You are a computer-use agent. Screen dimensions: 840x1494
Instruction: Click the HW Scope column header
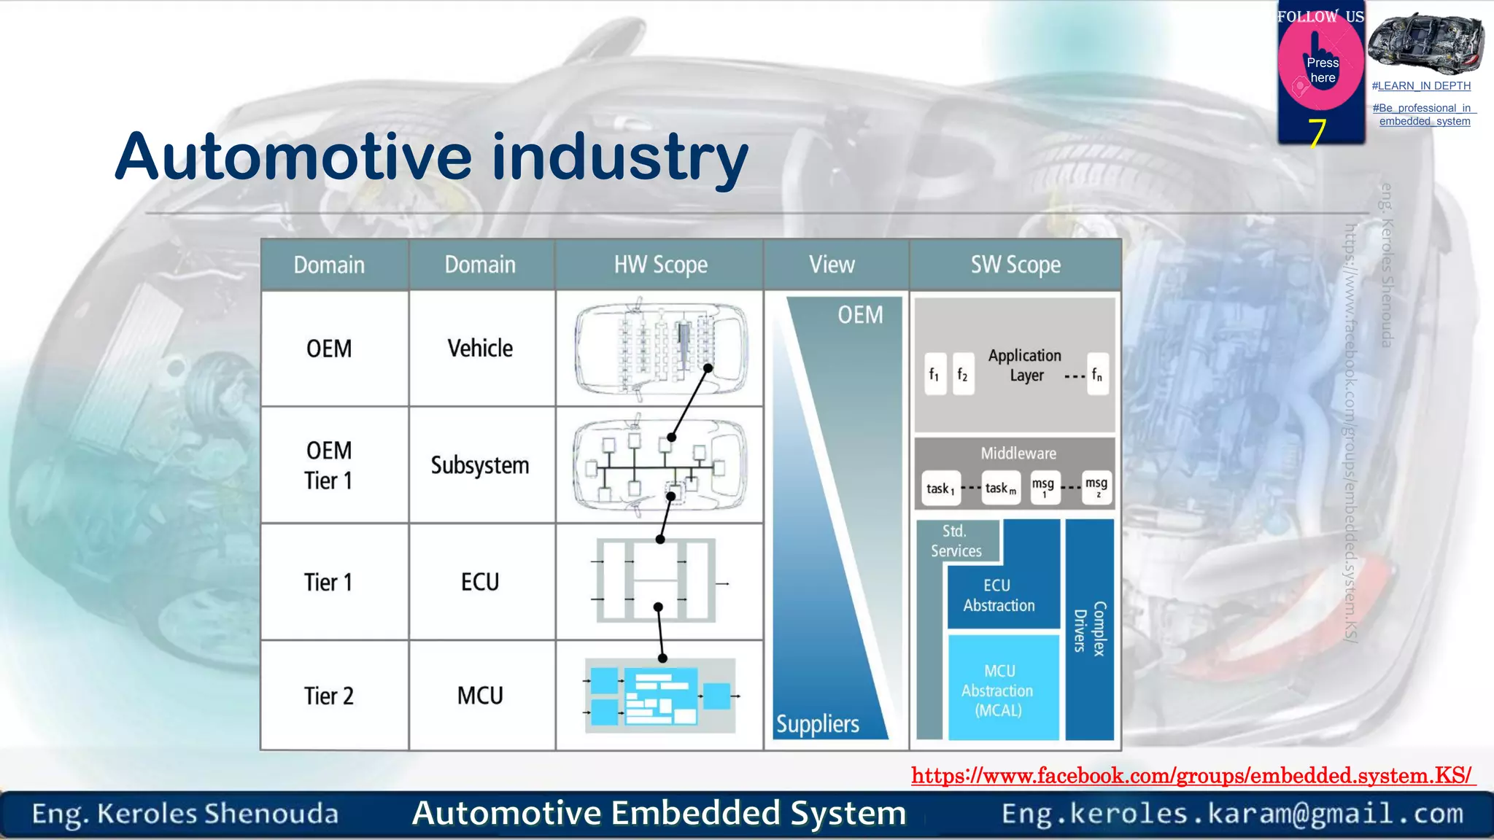(x=660, y=265)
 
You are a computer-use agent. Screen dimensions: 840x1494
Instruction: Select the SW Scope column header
(x=1015, y=265)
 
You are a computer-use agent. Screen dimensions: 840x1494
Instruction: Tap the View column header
(x=832, y=265)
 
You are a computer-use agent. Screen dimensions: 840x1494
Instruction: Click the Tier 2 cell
(x=329, y=696)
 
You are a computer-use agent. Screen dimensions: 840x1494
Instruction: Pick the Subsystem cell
(x=480, y=465)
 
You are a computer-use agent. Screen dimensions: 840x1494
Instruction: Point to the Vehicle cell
(x=480, y=349)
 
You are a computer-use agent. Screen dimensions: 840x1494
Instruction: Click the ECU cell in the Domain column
(x=480, y=582)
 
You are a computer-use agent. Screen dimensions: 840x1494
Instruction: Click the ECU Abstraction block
(x=999, y=595)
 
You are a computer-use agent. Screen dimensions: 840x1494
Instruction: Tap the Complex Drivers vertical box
(x=1090, y=629)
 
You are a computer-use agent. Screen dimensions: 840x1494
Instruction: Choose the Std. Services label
(x=956, y=541)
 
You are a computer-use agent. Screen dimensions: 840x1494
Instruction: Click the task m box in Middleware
(x=1000, y=489)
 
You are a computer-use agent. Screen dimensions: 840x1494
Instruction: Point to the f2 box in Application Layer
(x=963, y=375)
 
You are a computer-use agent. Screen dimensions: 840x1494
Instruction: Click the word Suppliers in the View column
(x=818, y=724)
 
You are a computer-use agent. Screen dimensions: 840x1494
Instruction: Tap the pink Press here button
(x=1321, y=70)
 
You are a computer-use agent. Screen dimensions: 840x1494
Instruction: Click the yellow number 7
(x=1317, y=133)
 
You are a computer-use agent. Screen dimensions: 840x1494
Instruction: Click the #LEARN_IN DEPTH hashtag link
(x=1421, y=86)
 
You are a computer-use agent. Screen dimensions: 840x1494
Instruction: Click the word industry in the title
(x=620, y=157)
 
